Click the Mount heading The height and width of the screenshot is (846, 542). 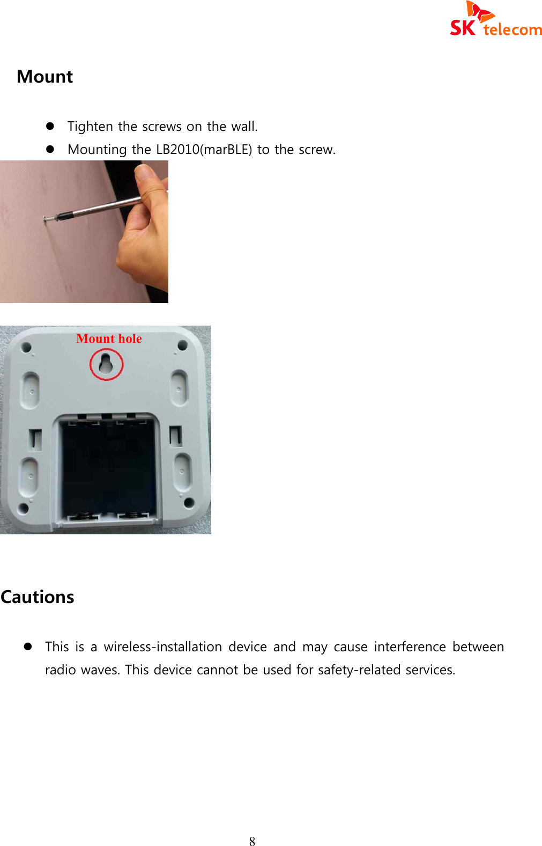[x=44, y=77]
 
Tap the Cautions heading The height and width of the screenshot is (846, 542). [x=38, y=597]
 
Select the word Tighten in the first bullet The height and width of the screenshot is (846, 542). [x=90, y=127]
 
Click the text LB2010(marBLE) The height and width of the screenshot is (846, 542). [x=204, y=150]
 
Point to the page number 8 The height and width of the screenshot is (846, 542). [x=252, y=841]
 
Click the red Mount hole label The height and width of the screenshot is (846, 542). [x=109, y=339]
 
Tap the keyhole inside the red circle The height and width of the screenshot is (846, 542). [x=106, y=363]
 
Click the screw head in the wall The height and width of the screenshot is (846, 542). [x=47, y=218]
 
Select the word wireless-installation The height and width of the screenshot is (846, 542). [x=162, y=647]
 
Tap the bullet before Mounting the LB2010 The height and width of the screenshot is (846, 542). [x=50, y=150]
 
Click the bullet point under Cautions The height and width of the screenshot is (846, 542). [x=28, y=647]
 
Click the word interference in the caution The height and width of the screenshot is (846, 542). [x=410, y=647]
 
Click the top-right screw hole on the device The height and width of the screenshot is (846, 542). [x=183, y=345]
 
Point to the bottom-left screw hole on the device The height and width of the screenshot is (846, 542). [x=24, y=507]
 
